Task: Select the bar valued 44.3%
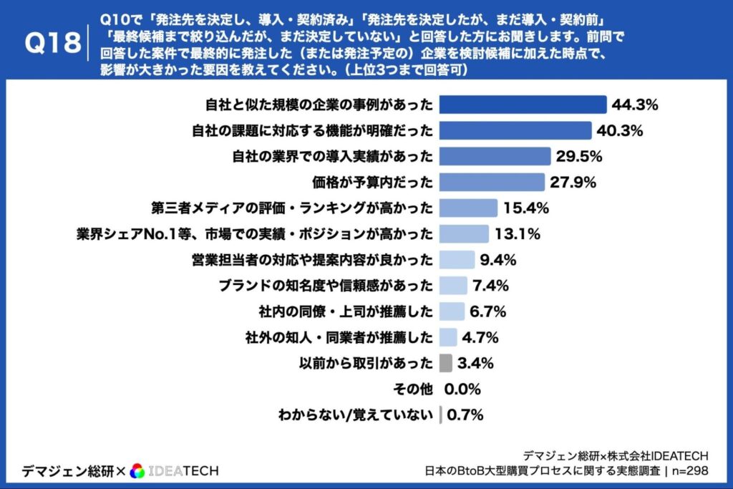click(523, 105)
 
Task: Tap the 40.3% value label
click(620, 131)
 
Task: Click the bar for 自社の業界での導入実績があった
click(495, 157)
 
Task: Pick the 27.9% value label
click(573, 183)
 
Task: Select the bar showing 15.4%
click(467, 208)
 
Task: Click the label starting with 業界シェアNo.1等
click(254, 234)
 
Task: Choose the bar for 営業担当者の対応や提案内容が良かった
click(457, 260)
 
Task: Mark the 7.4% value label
click(490, 286)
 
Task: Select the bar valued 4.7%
click(448, 337)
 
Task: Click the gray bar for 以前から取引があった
click(445, 363)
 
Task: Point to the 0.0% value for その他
click(462, 389)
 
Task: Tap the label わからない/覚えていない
click(356, 415)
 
